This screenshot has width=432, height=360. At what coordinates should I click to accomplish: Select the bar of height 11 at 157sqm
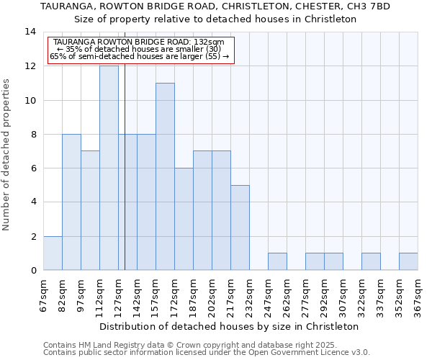click(165, 176)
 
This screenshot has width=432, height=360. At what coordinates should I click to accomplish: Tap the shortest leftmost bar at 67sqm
click(53, 253)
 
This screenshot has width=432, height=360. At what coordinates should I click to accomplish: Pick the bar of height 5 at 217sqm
click(240, 228)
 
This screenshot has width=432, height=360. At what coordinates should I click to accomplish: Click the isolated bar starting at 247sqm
click(277, 261)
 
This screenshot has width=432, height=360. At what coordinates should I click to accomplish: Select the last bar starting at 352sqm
click(408, 261)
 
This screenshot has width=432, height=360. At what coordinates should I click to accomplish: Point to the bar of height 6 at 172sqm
click(184, 219)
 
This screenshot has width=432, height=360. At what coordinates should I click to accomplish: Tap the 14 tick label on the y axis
click(30, 32)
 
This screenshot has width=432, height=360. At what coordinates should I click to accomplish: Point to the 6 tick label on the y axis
click(33, 168)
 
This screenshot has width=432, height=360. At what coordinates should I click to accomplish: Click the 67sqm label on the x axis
click(44, 294)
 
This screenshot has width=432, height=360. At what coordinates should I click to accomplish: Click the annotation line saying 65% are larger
click(139, 55)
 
